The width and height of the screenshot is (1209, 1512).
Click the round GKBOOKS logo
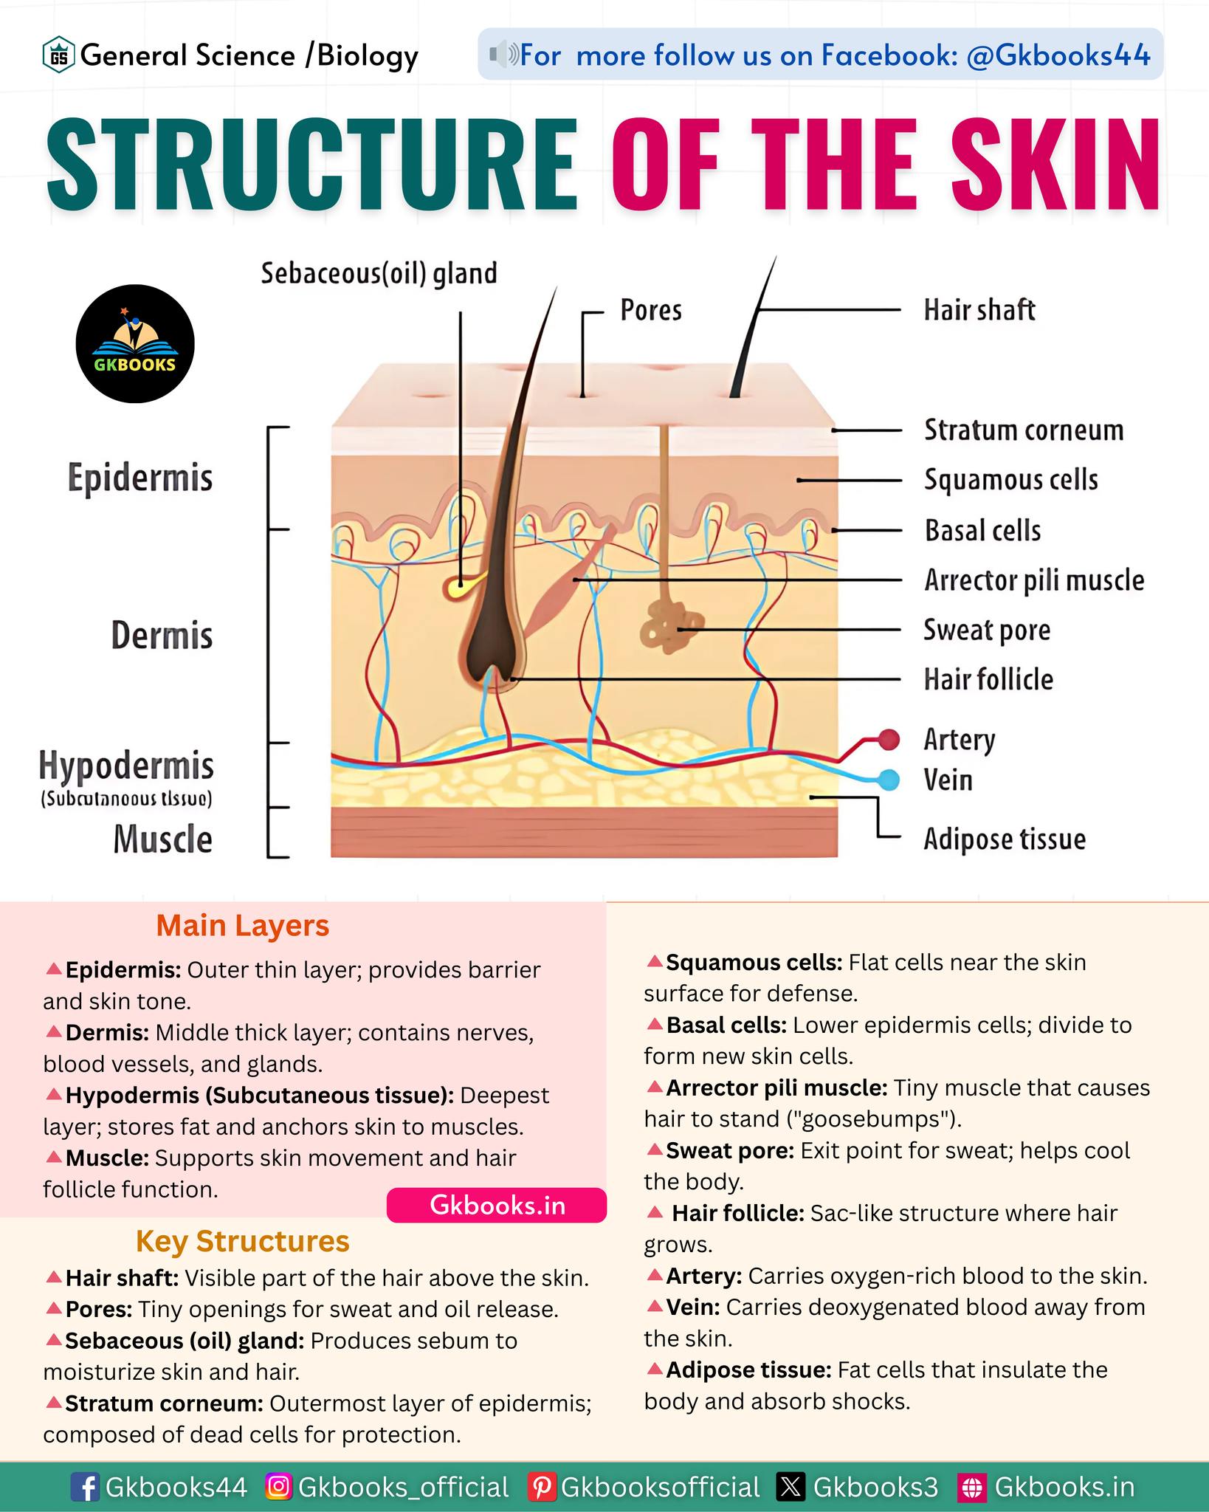[x=135, y=344]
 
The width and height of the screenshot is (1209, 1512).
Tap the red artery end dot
[x=889, y=739]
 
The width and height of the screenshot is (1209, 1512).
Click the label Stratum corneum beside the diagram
[x=1024, y=430]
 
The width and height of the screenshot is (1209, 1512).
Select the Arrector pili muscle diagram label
[x=1034, y=580]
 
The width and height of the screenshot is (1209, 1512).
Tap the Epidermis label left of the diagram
[x=140, y=478]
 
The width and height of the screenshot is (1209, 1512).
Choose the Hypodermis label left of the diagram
[x=126, y=765]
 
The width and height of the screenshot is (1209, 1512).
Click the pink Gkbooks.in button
[x=497, y=1205]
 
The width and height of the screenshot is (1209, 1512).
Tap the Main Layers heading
[x=242, y=925]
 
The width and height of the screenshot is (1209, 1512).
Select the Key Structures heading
[x=242, y=1241]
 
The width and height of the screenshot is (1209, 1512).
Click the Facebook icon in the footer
[x=86, y=1487]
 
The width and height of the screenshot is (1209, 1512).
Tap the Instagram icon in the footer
[x=279, y=1486]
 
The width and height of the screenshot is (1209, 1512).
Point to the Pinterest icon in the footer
[x=542, y=1487]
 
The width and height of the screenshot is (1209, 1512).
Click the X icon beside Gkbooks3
[x=790, y=1487]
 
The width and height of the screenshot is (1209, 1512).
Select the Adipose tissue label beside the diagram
[x=1005, y=839]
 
